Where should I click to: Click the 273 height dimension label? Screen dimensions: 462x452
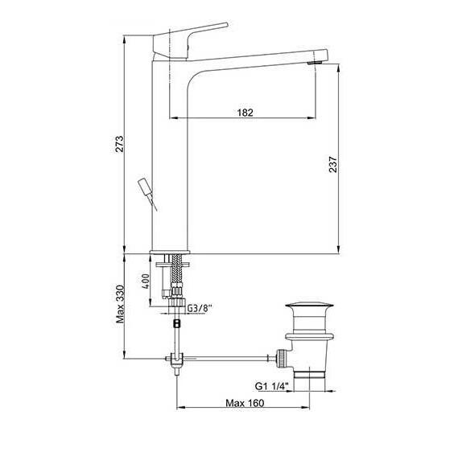(120, 144)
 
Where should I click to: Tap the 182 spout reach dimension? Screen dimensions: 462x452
(245, 113)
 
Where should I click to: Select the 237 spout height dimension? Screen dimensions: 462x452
(332, 164)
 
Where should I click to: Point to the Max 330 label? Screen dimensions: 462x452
(120, 304)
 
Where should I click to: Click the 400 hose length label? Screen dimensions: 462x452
(146, 281)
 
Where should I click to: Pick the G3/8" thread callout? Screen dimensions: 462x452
(200, 308)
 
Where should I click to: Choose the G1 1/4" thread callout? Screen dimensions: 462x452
(272, 386)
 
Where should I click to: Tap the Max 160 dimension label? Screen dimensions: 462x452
(245, 402)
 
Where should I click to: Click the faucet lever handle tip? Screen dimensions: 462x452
(227, 24)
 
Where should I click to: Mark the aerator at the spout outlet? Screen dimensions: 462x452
(315, 63)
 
